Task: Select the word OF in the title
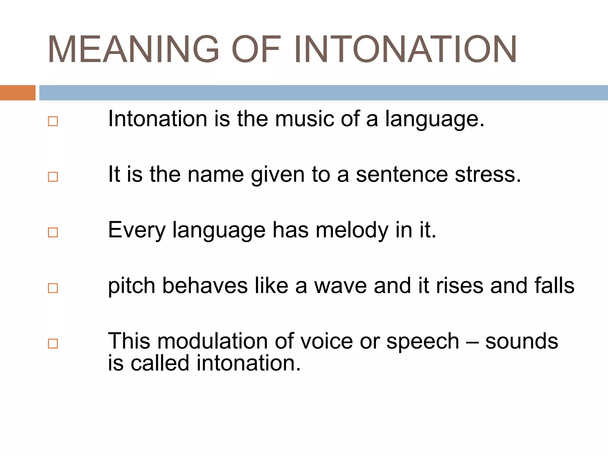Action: (256, 49)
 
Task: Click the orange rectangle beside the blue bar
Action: (18, 93)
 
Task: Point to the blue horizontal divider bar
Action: (324, 93)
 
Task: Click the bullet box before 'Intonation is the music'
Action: (53, 121)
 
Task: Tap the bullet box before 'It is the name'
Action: (53, 177)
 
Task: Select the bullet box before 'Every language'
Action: (53, 232)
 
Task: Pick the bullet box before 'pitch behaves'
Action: (53, 288)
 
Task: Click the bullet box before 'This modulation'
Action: (53, 343)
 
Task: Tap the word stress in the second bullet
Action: (488, 174)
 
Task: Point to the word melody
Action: (352, 230)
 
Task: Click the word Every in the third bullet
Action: (137, 230)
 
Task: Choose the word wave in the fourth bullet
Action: (341, 286)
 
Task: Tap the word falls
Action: (554, 286)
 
